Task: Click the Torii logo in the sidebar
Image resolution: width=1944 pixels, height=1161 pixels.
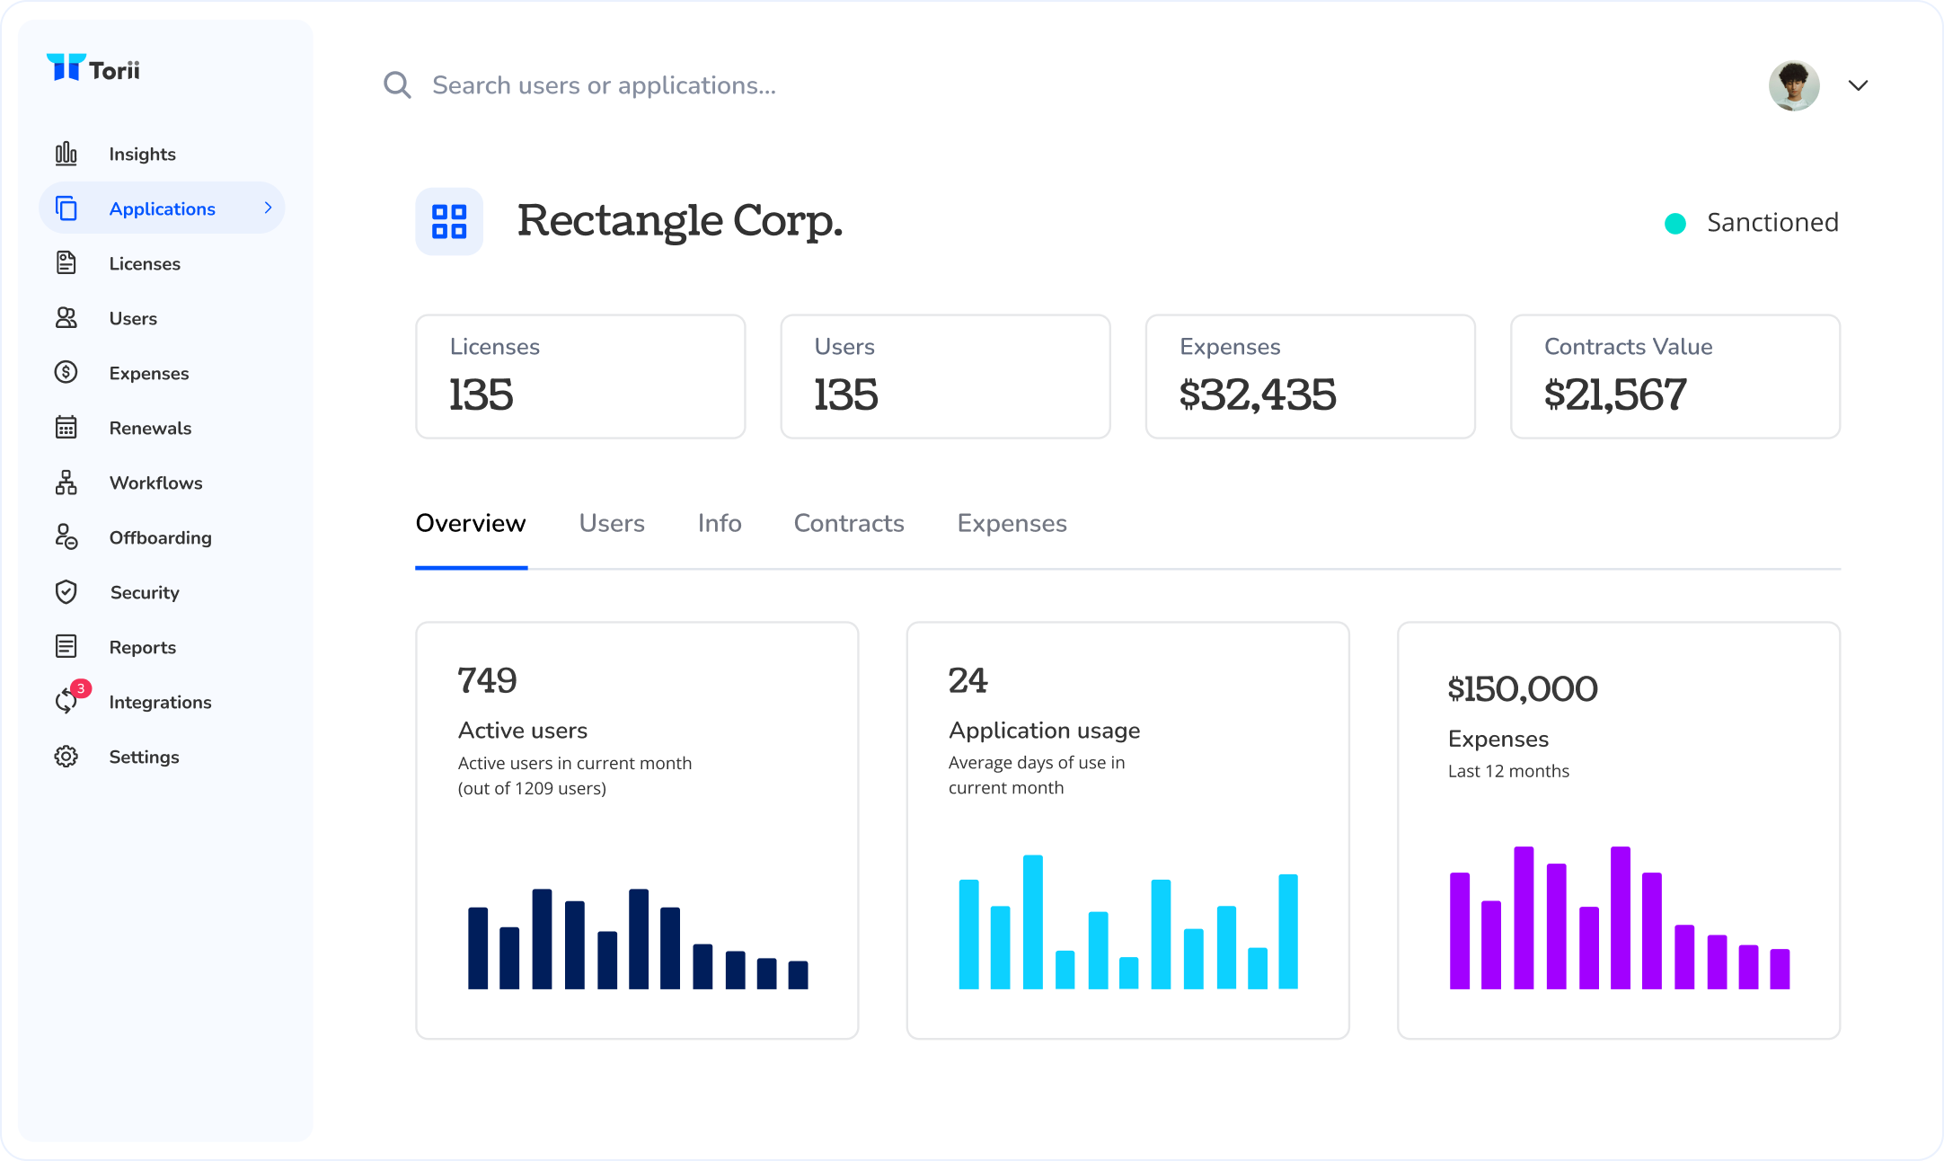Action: coord(93,68)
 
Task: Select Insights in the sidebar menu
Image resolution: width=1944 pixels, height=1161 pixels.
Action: coord(141,155)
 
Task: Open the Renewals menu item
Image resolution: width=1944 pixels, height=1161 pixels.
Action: coord(149,429)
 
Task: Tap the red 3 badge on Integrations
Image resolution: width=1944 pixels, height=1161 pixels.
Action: coord(81,688)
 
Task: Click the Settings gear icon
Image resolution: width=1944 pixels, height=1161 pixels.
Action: coord(66,757)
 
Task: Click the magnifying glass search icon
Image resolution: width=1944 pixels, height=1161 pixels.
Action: coord(397,85)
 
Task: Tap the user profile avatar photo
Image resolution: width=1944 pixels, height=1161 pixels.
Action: coord(1793,85)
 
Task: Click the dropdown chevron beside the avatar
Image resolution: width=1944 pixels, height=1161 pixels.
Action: coord(1858,85)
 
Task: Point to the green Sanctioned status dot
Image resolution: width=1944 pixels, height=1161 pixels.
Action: coord(1674,223)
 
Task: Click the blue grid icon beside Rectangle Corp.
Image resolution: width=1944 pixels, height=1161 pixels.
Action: coord(449,222)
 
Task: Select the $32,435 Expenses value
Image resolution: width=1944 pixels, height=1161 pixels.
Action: coord(1257,395)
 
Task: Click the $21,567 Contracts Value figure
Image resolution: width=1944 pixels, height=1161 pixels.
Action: coord(1614,395)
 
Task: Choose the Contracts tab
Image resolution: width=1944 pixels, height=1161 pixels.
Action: coord(848,523)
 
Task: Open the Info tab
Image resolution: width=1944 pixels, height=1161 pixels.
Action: coord(719,523)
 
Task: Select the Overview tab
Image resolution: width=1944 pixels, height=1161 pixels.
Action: coord(470,523)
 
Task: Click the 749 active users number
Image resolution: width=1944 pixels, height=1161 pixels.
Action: coord(487,680)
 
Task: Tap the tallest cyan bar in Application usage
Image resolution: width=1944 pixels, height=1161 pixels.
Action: coord(1032,921)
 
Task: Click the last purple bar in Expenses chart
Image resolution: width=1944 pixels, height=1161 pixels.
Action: coord(1779,969)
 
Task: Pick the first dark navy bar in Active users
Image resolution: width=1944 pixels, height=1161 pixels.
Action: coord(478,948)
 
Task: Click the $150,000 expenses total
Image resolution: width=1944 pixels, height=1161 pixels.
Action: coord(1522,689)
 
